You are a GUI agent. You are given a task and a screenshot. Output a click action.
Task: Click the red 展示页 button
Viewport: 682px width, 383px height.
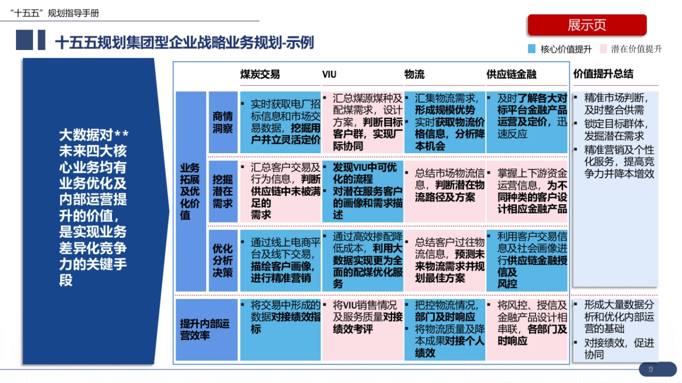[587, 25]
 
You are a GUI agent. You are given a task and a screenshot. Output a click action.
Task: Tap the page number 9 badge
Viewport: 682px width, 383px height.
[650, 370]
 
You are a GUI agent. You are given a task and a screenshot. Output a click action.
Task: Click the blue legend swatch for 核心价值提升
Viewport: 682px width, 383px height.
[532, 49]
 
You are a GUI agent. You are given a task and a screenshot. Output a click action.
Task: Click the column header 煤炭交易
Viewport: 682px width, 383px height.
[260, 74]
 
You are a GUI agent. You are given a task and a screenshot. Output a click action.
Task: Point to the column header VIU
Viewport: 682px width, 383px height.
[329, 74]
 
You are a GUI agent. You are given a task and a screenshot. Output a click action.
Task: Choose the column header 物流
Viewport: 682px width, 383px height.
[414, 74]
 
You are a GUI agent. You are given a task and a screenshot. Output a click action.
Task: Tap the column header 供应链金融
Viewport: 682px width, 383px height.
[511, 74]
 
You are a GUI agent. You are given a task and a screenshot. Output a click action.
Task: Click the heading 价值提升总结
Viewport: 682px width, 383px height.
[603, 74]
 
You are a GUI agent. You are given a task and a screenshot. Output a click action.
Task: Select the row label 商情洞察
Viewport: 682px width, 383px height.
[223, 122]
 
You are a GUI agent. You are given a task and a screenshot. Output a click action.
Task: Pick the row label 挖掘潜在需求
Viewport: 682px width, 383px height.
[223, 190]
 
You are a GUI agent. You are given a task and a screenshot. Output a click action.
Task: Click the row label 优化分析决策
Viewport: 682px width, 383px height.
[223, 260]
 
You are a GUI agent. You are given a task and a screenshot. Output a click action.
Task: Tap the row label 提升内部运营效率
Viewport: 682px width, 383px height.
[206, 330]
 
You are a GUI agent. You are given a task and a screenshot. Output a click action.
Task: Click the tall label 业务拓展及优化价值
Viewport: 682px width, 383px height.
[190, 191]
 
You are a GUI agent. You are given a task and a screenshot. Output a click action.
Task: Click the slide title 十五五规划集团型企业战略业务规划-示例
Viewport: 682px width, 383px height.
[184, 43]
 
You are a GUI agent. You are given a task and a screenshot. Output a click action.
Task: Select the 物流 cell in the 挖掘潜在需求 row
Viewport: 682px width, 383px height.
[444, 191]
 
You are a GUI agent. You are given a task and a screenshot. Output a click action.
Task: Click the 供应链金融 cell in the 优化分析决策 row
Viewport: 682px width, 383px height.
[527, 260]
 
